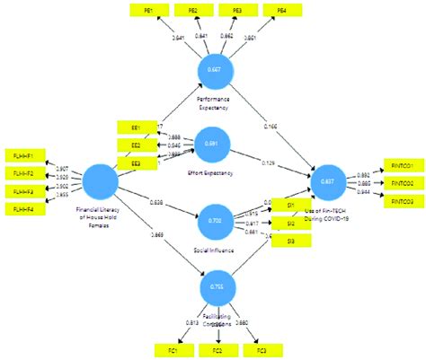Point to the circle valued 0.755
215,286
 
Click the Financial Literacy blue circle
100,180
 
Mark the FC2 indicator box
217,350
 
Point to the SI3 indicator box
290,241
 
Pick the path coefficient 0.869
158,234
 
